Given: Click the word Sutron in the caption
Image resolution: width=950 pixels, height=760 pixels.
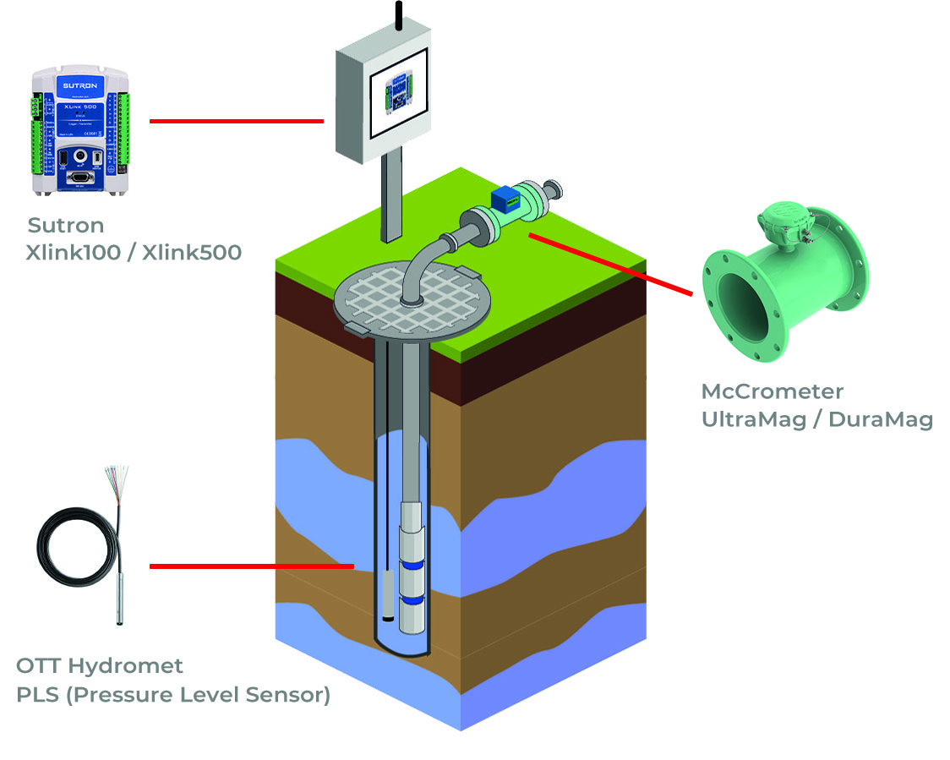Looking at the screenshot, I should [x=66, y=226].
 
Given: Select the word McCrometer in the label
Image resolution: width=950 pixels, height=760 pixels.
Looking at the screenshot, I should [x=772, y=391].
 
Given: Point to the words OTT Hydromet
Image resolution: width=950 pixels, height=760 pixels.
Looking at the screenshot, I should [x=100, y=665].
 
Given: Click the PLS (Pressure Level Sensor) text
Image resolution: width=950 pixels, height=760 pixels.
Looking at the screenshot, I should [x=172, y=695].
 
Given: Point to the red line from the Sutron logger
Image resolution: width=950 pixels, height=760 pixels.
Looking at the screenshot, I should [x=236, y=121].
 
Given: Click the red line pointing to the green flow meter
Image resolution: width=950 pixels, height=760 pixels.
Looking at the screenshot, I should [x=609, y=264].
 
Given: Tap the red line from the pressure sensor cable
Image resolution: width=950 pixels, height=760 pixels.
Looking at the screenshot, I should [x=251, y=566].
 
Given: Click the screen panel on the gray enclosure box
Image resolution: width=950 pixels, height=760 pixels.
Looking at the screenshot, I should [x=397, y=89].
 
